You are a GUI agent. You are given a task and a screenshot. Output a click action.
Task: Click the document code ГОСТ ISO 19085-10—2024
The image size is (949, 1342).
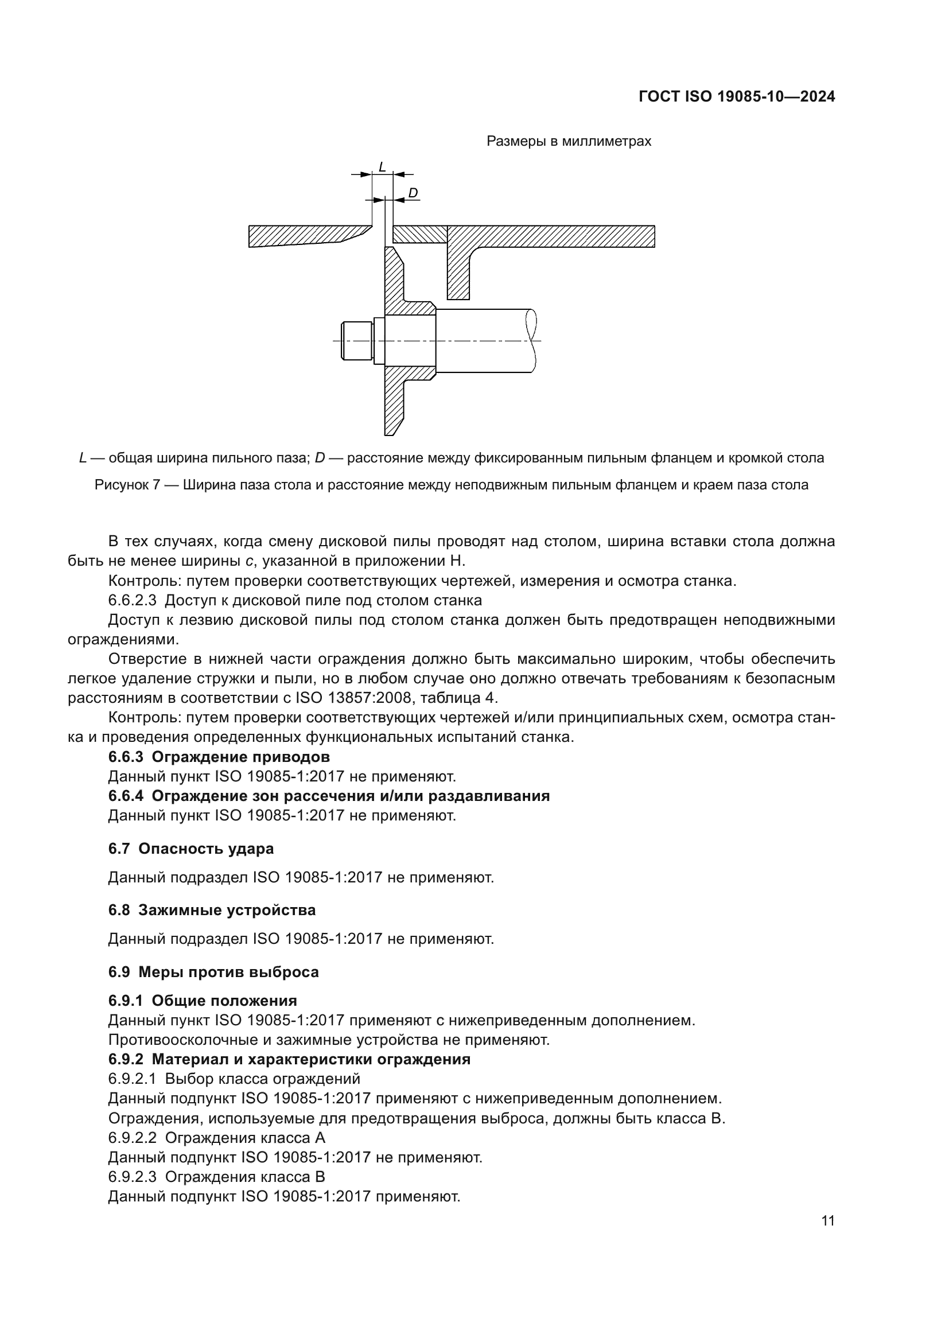[x=736, y=96]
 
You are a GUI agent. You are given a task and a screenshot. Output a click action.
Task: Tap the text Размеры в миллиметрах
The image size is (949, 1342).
[x=568, y=142]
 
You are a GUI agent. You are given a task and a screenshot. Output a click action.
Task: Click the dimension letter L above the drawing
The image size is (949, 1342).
[x=382, y=166]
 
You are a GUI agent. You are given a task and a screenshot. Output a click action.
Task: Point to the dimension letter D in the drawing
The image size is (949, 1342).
[x=413, y=193]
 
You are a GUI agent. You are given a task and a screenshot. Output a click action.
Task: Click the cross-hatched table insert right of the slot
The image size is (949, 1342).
[x=419, y=235]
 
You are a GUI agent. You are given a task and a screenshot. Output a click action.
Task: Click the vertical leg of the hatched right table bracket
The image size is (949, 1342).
[x=458, y=275]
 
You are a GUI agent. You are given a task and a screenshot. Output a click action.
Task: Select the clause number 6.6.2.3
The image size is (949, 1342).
[x=132, y=600]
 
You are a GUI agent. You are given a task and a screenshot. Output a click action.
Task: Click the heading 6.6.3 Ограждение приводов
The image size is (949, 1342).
[x=219, y=757]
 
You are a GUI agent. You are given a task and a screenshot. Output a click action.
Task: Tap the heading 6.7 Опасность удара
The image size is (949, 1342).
[x=190, y=849]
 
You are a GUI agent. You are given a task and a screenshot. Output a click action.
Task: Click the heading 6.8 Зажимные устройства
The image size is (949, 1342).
[x=212, y=910]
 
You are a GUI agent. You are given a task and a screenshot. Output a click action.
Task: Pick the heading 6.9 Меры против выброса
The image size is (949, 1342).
[x=213, y=972]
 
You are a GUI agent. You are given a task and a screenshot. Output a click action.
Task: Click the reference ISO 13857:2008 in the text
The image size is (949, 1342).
[x=355, y=698]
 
